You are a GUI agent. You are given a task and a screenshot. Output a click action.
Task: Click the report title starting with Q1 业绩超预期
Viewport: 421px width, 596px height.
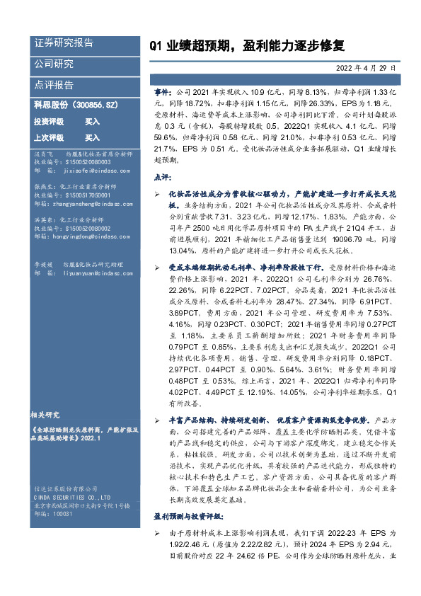[247, 46]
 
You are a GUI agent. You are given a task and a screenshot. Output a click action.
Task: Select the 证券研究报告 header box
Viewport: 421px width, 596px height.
[64, 43]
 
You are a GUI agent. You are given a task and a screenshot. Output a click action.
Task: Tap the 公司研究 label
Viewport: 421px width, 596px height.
[54, 64]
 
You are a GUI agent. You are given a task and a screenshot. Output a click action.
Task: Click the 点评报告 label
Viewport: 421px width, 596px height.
[54, 85]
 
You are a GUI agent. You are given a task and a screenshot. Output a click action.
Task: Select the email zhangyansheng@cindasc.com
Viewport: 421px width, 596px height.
[89, 204]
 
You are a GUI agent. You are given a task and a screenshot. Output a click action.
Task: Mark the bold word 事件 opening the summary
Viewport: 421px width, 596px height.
[162, 93]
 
